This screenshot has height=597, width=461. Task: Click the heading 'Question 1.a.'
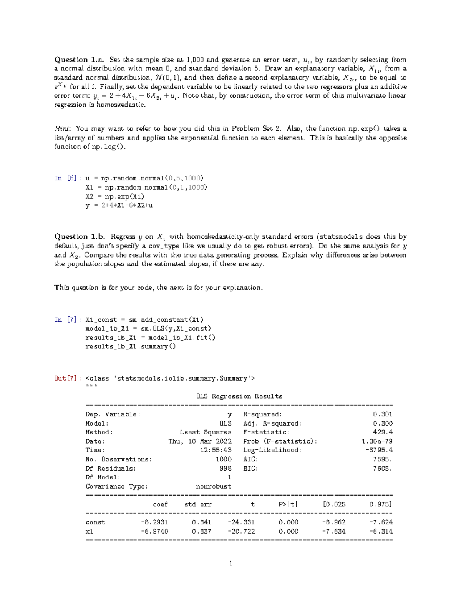[79, 60]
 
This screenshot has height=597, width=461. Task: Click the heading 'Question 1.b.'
[80, 237]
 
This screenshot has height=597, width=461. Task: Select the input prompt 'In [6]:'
[68, 178]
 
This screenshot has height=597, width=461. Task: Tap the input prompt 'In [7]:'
[68, 320]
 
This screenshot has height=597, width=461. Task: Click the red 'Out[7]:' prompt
[68, 379]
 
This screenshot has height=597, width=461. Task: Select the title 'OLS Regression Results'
[239, 396]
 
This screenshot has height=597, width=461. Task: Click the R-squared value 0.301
[383, 414]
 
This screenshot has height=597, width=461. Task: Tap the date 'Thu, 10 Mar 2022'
[200, 441]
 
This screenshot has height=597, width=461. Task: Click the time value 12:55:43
[216, 450]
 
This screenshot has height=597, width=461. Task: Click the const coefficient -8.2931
[154, 522]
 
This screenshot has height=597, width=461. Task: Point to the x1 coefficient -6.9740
[154, 531]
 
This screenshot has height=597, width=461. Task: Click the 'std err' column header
[198, 504]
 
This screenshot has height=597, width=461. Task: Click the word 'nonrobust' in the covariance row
[214, 486]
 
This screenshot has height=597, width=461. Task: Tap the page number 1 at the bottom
[230, 564]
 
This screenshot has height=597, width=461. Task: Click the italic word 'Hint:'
[63, 129]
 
